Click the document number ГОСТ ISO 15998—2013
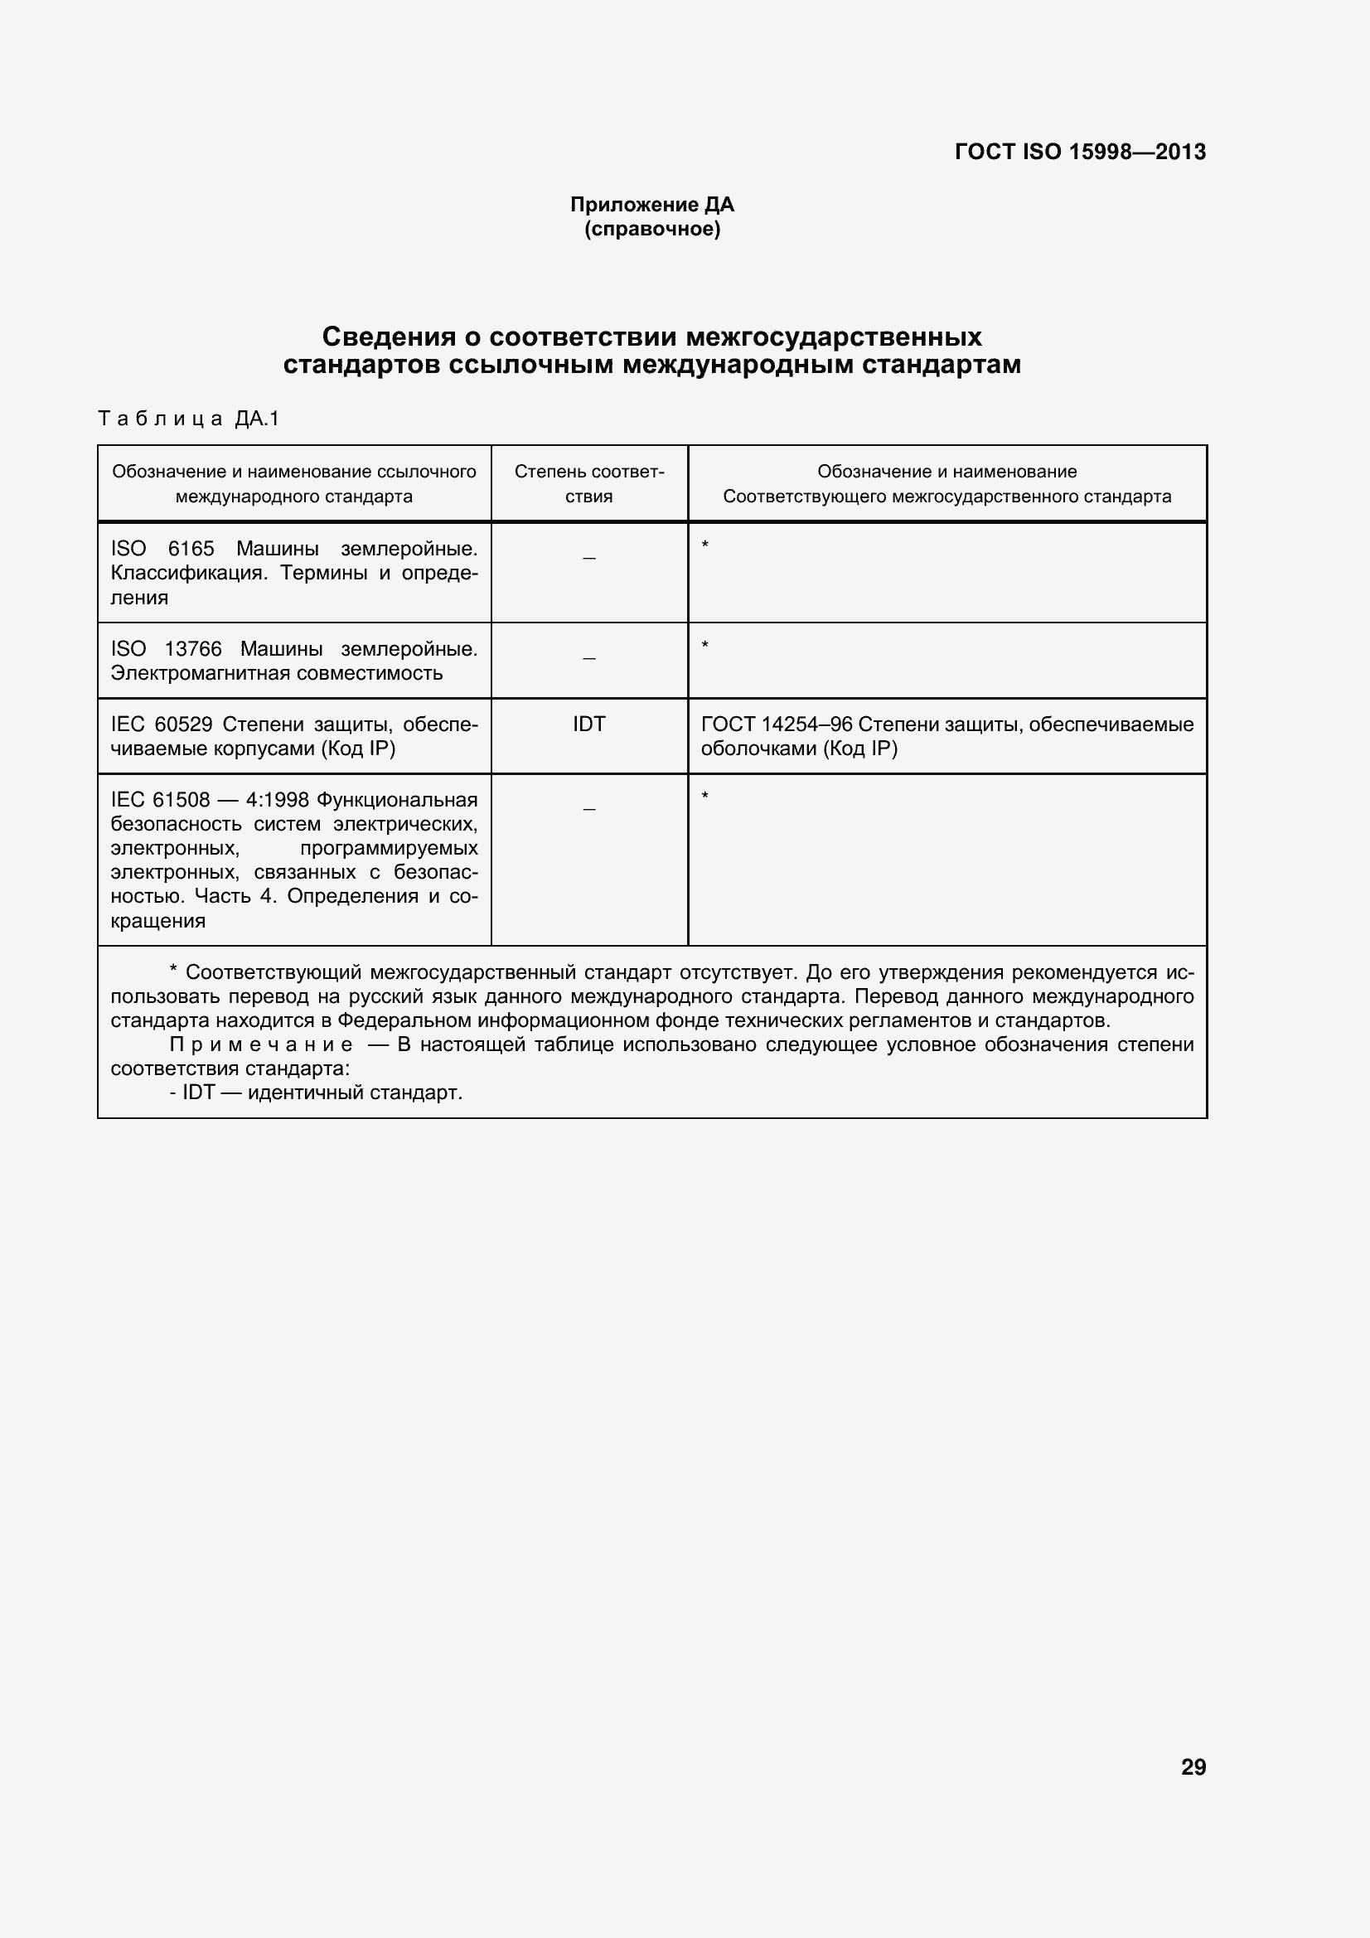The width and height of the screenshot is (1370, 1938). pos(1080,152)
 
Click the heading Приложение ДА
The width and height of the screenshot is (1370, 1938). pos(651,204)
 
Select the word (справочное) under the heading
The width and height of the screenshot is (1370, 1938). pos(651,230)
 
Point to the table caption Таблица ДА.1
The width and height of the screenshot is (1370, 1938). pos(188,418)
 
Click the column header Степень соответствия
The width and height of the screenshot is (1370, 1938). pos(589,483)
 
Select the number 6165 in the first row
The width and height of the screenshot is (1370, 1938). pos(191,549)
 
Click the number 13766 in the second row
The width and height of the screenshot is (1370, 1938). pos(192,649)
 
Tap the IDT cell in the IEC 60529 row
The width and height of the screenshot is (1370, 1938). pos(589,724)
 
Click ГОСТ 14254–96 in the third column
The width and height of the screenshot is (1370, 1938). pos(777,724)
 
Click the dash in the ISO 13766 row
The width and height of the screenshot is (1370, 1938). pos(589,658)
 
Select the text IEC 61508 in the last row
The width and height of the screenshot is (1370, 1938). pos(159,799)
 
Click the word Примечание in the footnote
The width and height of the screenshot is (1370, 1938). pos(261,1045)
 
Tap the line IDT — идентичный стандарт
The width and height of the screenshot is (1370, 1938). pos(322,1093)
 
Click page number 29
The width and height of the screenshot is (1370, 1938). pos(1193,1767)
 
